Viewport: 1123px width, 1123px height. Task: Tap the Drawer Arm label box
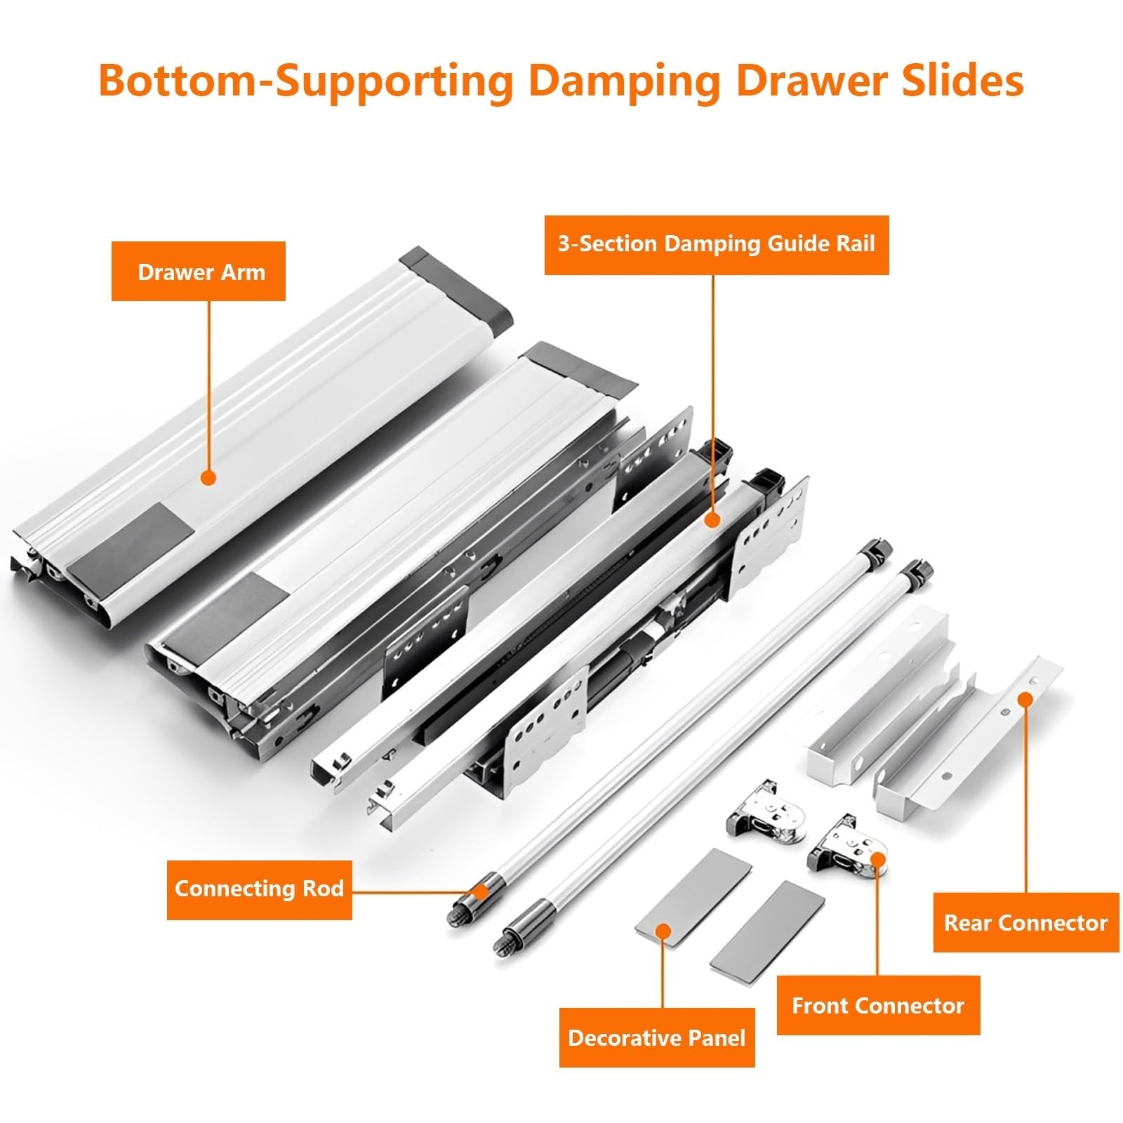[199, 272]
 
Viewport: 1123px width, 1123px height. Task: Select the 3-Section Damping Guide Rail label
[717, 245]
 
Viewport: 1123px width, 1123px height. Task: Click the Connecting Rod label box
[259, 889]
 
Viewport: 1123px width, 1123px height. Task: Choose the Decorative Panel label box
[657, 1037]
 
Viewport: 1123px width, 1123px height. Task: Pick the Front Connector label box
[878, 1005]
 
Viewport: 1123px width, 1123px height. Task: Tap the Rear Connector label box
[1026, 922]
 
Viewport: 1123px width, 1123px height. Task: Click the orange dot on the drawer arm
[208, 478]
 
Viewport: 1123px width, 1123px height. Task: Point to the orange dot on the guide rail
[712, 520]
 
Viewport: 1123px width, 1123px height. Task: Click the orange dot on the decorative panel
[663, 931]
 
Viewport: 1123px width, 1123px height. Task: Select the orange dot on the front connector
[877, 860]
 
